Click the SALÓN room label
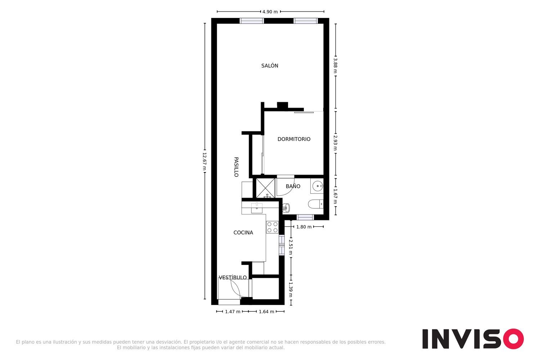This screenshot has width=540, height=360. tap(270, 66)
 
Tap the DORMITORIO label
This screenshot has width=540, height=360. tap(294, 139)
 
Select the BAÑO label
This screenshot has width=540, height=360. tap(293, 186)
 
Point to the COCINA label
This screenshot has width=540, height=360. tap(243, 233)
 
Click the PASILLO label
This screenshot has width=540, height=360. tap(236, 167)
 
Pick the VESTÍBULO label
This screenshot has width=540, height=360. tap(233, 277)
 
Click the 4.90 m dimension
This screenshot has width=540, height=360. tap(270, 12)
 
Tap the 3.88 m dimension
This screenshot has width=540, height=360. tap(335, 66)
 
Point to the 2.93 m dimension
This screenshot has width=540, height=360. tap(335, 143)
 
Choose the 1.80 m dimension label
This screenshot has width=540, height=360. tap(304, 227)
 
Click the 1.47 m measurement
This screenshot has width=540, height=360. tap(233, 311)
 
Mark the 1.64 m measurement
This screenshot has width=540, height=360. tap(266, 311)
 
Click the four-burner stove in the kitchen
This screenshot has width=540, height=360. tap(273, 227)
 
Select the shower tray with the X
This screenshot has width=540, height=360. tap(265, 188)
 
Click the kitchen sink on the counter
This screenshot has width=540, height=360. tap(257, 208)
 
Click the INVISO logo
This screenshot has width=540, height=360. tap(473, 338)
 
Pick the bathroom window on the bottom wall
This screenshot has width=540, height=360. tap(305, 217)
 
